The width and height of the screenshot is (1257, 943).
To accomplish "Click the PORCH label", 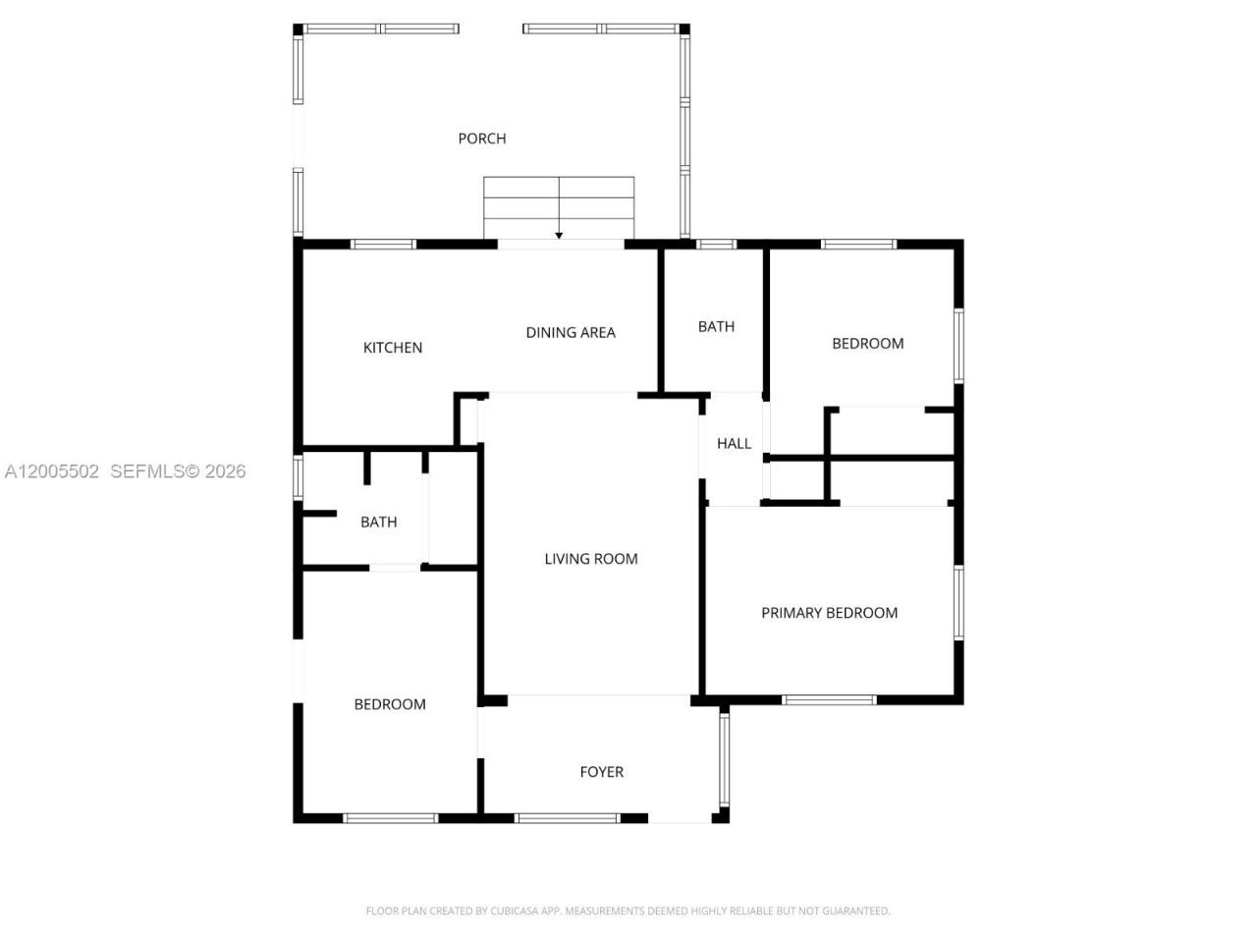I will coord(482,139).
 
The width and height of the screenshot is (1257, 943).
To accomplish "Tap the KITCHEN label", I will coord(393,348).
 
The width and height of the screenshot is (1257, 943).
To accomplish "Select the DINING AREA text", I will coord(571,333).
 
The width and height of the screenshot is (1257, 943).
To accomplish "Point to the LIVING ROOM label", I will coord(591,559).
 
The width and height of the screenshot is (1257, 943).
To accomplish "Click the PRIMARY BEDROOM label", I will coord(830,613).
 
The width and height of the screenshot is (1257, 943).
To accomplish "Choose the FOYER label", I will coord(601,772).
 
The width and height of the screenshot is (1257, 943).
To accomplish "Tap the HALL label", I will coord(734,444).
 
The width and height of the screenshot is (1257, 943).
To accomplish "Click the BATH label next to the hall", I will coord(716,327).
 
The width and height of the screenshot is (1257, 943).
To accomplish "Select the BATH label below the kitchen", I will coord(378,523).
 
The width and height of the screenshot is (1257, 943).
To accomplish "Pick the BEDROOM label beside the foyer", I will coord(390,704).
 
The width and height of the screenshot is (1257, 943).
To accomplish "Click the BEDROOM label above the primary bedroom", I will coord(867,344).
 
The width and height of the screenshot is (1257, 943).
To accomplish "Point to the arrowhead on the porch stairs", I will coord(559,235).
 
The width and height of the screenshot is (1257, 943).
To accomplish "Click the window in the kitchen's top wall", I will coord(384,245).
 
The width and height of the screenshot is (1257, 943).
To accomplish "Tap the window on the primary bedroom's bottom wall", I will coord(829,700).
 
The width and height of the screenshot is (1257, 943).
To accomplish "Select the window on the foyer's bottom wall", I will coord(568,817).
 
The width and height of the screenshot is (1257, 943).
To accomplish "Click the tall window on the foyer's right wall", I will coord(725,757).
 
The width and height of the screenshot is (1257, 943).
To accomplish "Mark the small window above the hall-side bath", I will coord(716,245).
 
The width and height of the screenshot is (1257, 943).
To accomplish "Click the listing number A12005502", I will coord(52,471).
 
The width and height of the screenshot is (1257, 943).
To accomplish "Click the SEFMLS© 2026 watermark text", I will coord(178,471).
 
